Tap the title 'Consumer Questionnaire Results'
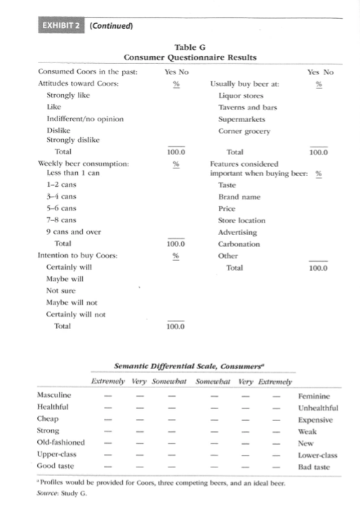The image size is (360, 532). (x=189, y=57)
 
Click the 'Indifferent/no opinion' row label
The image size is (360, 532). (x=85, y=118)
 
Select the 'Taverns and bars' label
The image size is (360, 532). (x=248, y=107)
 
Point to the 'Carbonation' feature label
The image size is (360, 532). (x=239, y=244)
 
